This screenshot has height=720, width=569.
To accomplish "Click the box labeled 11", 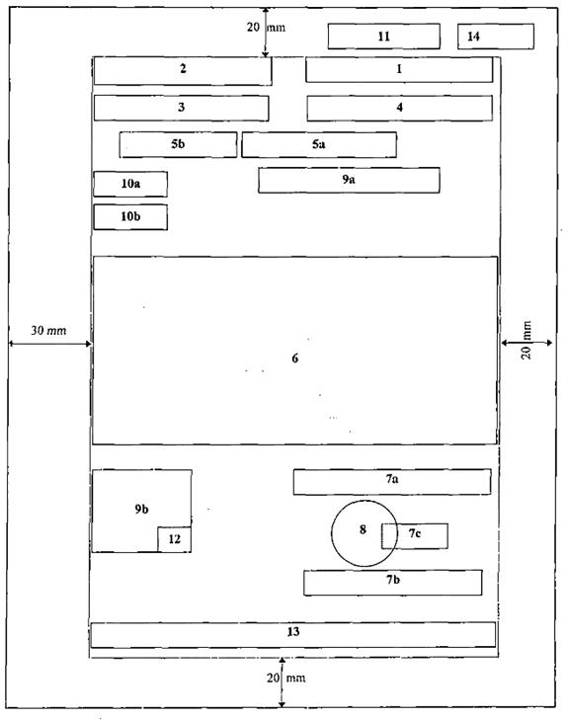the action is point(384,37).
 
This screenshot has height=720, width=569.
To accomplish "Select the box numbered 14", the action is point(496,37).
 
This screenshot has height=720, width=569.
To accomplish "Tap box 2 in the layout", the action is point(183,71).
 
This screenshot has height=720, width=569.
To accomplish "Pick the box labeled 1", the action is point(399,69).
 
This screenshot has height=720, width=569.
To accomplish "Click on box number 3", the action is point(182,108).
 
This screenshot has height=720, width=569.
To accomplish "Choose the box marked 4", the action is point(399,108).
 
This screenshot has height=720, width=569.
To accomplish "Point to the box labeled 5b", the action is point(178,144).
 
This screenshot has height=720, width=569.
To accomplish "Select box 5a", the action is point(319,144).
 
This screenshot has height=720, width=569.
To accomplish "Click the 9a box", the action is point(349,180).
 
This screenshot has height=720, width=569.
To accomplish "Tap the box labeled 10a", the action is point(130,184).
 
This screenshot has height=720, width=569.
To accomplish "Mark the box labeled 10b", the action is point(130,217).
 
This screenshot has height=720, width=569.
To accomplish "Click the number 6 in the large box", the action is point(294,359).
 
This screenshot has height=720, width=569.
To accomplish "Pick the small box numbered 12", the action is point(175,539).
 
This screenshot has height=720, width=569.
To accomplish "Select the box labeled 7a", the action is point(392,482).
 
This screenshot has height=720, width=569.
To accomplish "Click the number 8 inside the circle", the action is point(363,529).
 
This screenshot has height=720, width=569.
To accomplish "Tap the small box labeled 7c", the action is point(415,536).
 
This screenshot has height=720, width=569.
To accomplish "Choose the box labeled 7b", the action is point(392,583).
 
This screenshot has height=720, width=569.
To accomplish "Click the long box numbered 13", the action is point(293,635).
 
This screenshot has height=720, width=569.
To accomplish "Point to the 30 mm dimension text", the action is point(48,331).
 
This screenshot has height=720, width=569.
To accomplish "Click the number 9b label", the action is point(141,510).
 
